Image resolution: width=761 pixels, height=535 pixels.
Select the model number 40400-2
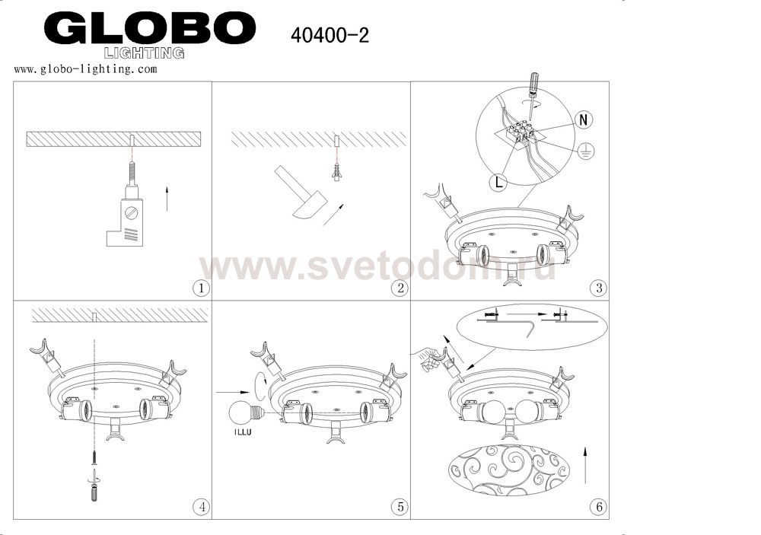[330, 35]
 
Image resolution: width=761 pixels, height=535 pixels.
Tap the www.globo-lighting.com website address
[85, 69]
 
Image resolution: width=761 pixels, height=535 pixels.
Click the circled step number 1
[202, 288]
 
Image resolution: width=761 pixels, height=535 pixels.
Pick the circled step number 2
[400, 288]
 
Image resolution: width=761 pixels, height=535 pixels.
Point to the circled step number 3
[599, 288]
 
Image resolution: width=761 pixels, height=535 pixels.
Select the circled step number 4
[202, 508]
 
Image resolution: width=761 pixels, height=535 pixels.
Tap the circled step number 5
[400, 508]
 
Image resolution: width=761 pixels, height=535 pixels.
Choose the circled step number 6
[599, 508]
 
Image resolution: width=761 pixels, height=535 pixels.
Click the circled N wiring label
[584, 119]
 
